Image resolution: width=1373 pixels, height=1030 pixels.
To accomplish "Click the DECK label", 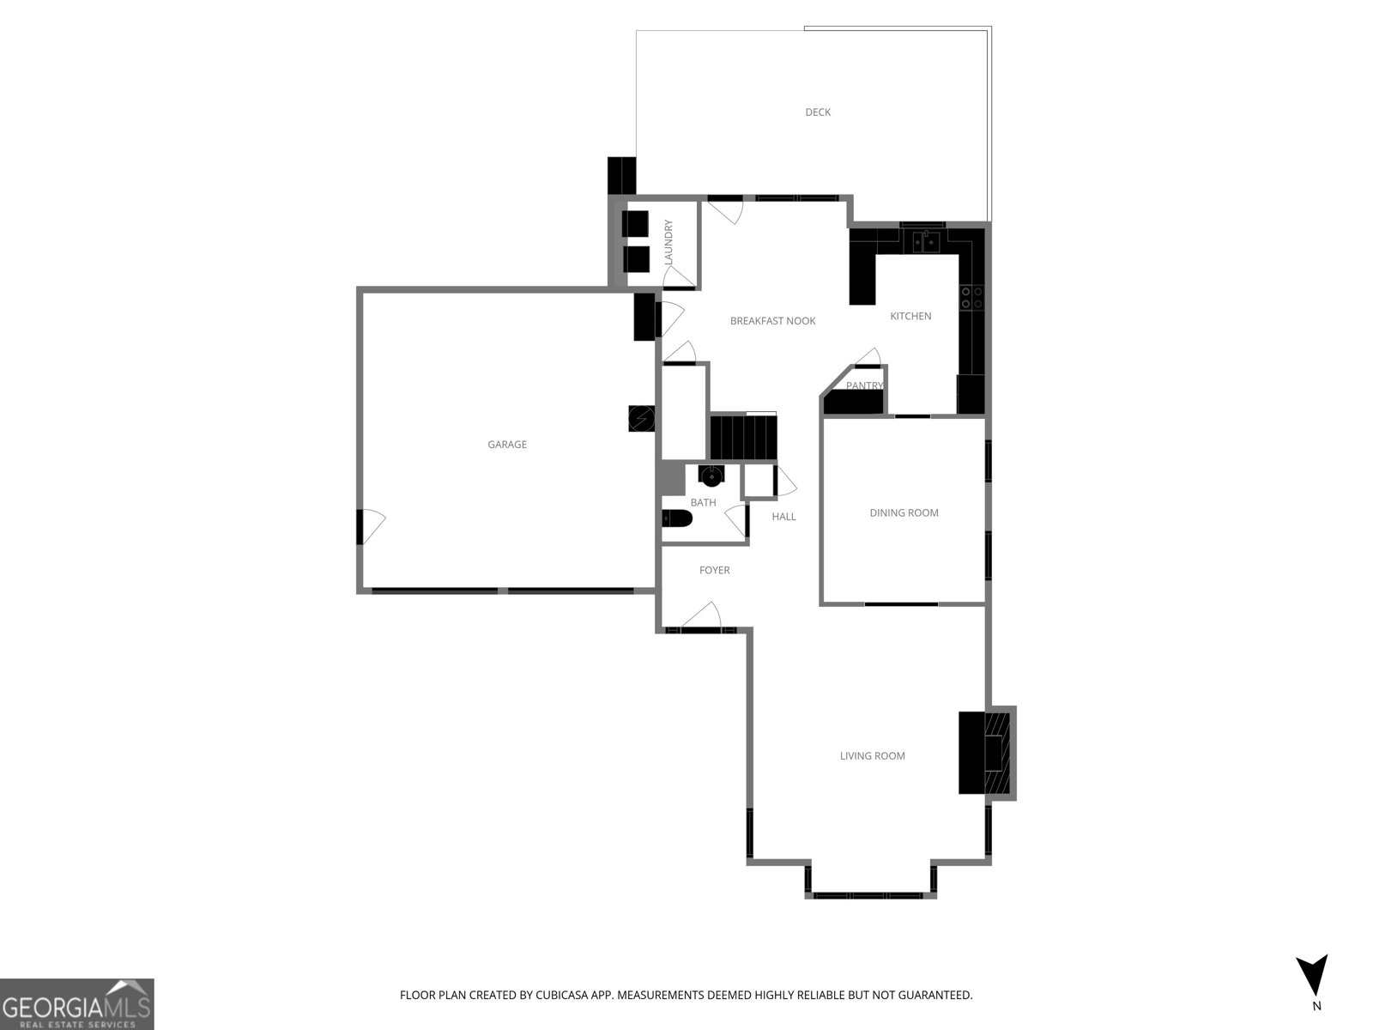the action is [x=818, y=112].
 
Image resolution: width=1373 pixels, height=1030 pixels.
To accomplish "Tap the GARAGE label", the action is [x=507, y=445].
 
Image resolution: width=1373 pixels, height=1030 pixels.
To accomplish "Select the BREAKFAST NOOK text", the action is [x=772, y=321].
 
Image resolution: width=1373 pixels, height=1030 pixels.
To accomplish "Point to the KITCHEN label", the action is [x=910, y=317].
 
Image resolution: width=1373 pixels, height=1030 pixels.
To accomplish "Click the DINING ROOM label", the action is [x=904, y=512].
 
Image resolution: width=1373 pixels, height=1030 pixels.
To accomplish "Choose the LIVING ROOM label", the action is [x=872, y=756].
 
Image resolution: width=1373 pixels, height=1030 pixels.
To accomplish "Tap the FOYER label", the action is [x=714, y=570].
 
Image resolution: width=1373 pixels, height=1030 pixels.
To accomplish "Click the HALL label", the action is [x=783, y=517].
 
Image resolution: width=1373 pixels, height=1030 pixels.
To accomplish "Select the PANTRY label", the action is [x=864, y=386].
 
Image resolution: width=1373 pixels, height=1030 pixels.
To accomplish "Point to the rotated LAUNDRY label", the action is [x=668, y=241].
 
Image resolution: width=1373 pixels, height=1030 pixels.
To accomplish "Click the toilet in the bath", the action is [x=677, y=518].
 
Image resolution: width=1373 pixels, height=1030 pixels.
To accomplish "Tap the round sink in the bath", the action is [x=711, y=476].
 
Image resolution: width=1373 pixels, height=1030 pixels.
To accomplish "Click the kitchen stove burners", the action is [x=972, y=298].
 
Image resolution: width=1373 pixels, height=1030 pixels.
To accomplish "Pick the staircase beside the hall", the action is [x=743, y=437].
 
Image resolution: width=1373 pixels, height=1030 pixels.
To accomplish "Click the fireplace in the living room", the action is [x=987, y=753].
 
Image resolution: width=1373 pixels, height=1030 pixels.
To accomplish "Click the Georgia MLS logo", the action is [x=77, y=1004].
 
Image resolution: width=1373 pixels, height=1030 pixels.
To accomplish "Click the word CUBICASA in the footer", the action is [x=561, y=995].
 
